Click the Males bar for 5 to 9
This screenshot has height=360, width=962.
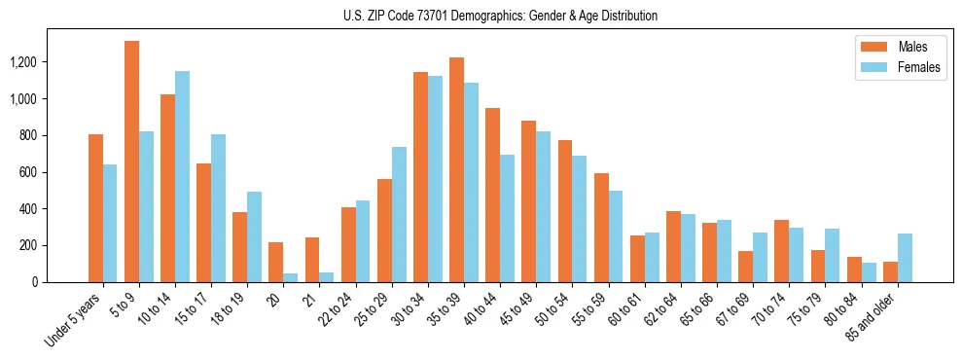[x=131, y=162]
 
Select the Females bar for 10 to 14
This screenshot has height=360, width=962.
[x=182, y=176]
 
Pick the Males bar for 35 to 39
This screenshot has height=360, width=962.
[x=457, y=169]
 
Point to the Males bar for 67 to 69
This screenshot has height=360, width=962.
[x=746, y=267]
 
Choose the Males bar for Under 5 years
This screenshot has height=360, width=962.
[x=95, y=208]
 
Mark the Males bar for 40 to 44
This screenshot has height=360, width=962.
[x=493, y=195]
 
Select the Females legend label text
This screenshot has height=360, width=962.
[x=919, y=67]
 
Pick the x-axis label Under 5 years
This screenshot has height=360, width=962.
[x=73, y=320]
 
